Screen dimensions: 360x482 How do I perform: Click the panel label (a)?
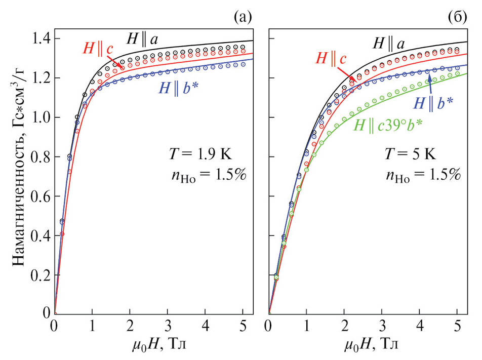pos(243,18)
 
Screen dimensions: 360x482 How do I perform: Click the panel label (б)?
pos(458,18)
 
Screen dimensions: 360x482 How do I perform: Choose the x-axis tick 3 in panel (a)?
pos(168,325)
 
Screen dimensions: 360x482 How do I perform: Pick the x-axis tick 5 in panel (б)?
pos(457,325)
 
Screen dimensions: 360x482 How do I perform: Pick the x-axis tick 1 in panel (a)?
pos(92,325)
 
